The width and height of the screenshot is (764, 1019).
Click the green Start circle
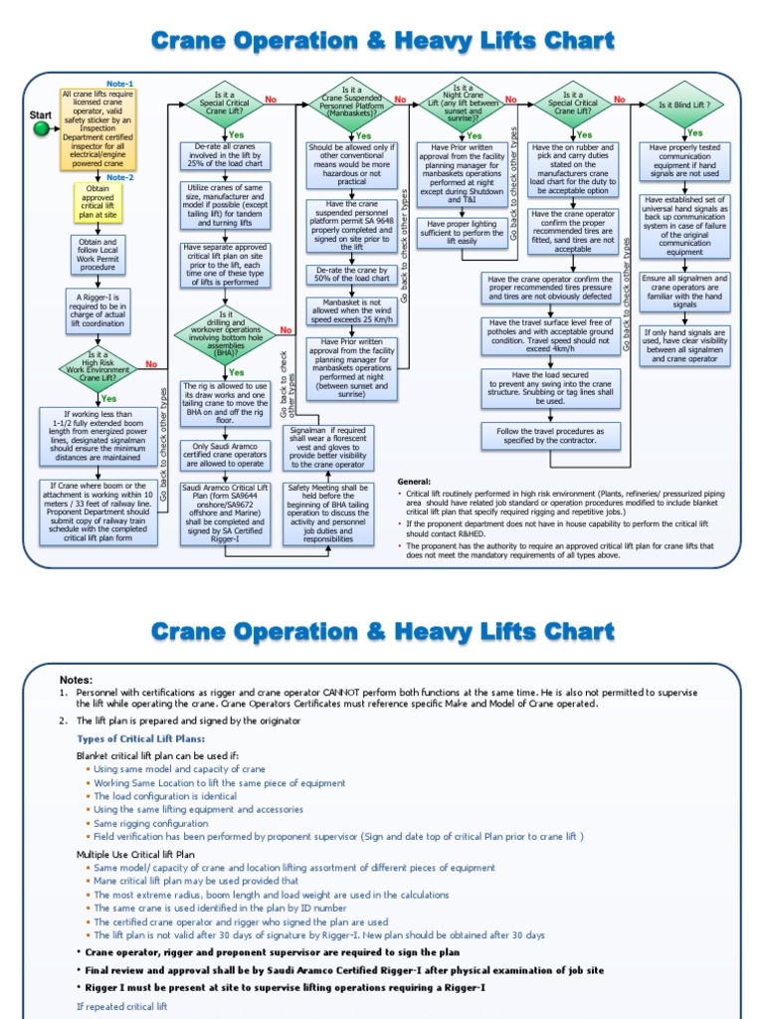tap(41, 128)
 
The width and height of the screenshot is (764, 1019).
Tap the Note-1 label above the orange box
tap(120, 83)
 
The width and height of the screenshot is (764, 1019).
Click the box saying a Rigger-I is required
tap(97, 308)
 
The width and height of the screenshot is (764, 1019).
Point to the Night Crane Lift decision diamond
tap(466, 103)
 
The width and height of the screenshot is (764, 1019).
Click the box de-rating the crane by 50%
tap(352, 276)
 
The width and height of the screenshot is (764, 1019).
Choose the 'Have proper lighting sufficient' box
tap(465, 232)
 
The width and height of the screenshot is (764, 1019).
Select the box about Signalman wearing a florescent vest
tap(329, 448)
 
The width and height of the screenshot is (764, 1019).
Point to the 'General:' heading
tap(413, 481)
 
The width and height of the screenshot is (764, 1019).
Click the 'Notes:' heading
tap(76, 679)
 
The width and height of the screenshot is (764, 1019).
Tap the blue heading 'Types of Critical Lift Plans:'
tap(141, 738)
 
